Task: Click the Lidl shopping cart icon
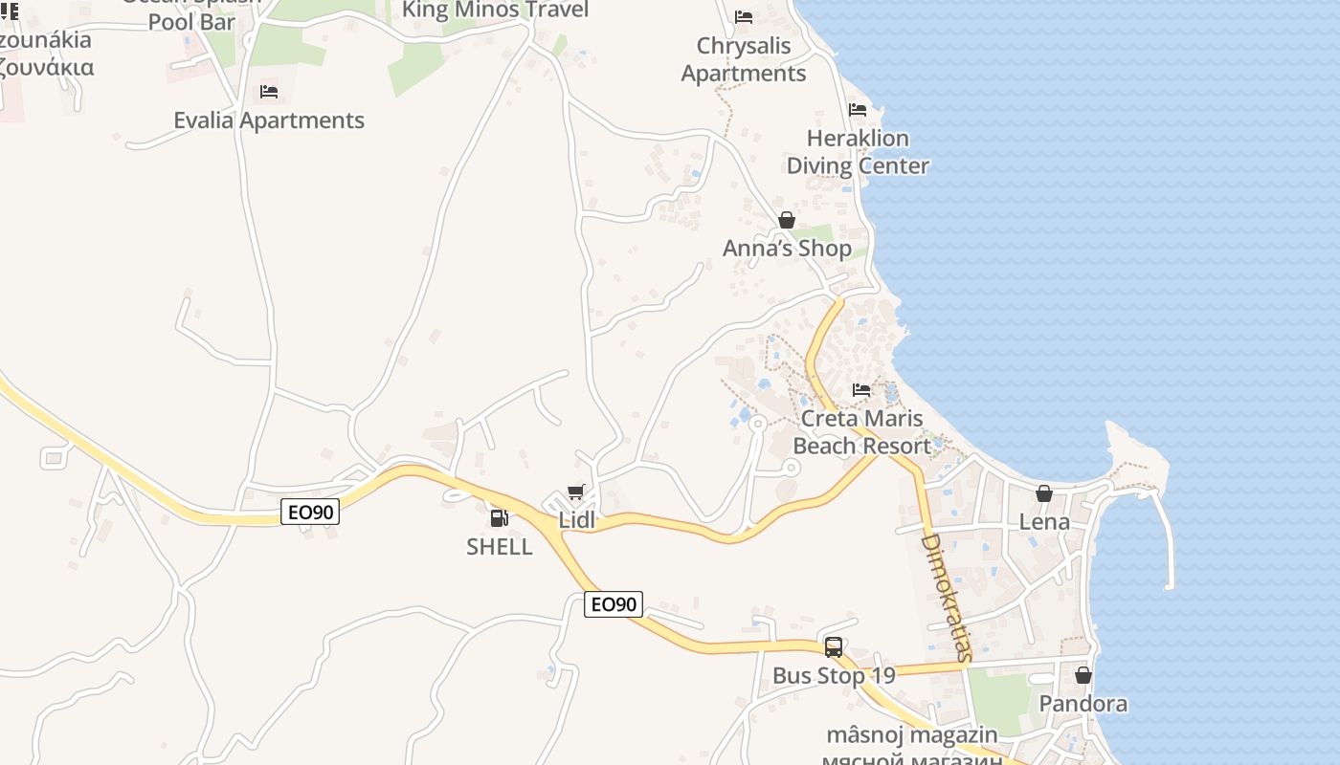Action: pyautogui.click(x=575, y=492)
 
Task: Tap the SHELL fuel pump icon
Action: pyautogui.click(x=499, y=518)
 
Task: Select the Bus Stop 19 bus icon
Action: pyautogui.click(x=834, y=647)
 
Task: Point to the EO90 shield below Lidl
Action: pyautogui.click(x=614, y=604)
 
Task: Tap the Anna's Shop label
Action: pyautogui.click(x=787, y=249)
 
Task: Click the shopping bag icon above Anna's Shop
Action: pyautogui.click(x=787, y=220)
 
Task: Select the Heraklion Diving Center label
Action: pyautogui.click(x=858, y=152)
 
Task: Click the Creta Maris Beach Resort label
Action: pyautogui.click(x=861, y=432)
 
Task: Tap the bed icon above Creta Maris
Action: pyautogui.click(x=861, y=390)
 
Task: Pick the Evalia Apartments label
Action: pyautogui.click(x=269, y=120)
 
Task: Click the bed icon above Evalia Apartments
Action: pyautogui.click(x=269, y=92)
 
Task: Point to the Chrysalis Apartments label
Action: pyautogui.click(x=744, y=59)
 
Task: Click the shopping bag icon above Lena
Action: pyautogui.click(x=1044, y=493)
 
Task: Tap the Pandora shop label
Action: pyautogui.click(x=1083, y=705)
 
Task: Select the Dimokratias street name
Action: pyautogui.click(x=946, y=598)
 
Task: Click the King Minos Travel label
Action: pyautogui.click(x=495, y=11)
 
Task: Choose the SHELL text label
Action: pyautogui.click(x=499, y=547)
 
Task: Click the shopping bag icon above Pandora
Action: pyautogui.click(x=1083, y=675)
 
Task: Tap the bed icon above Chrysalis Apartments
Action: pyautogui.click(x=744, y=17)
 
